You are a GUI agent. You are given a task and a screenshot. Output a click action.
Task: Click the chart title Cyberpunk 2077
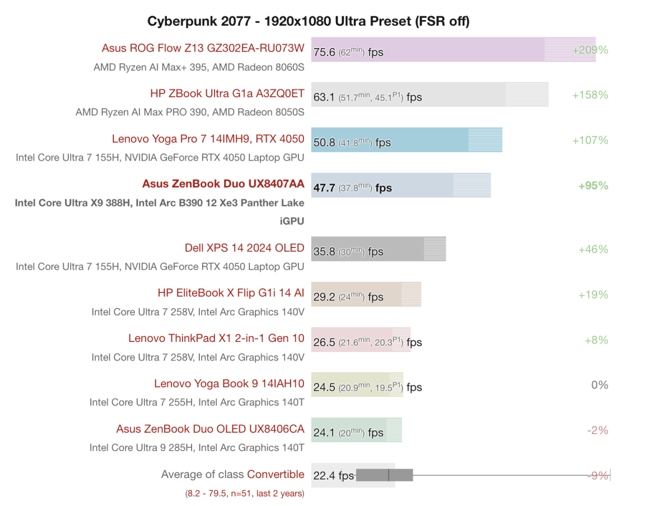(308, 21)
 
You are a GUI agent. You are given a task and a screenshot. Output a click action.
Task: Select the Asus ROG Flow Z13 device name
(203, 48)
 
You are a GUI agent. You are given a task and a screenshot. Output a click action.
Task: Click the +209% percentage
(590, 50)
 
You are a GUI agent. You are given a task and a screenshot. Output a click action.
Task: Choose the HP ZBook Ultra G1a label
(227, 93)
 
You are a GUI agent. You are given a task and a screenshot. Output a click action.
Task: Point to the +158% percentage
(590, 95)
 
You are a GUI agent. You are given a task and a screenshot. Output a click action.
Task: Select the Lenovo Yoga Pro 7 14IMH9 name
(208, 139)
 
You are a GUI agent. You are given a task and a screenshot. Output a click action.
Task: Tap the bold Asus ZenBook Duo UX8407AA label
(223, 184)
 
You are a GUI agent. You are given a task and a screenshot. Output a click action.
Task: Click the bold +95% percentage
(592, 186)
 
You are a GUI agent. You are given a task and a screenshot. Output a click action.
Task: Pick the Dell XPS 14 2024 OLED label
(244, 247)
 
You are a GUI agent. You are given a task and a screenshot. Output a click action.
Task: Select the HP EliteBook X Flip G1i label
(231, 293)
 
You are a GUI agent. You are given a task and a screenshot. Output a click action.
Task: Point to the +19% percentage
(592, 295)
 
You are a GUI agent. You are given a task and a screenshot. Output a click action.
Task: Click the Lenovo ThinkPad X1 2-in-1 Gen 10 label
(216, 338)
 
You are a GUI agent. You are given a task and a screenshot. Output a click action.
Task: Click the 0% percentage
(599, 385)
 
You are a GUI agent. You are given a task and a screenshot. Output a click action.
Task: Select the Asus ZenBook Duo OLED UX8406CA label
(210, 429)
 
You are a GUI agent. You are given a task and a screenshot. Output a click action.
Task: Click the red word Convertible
(276, 475)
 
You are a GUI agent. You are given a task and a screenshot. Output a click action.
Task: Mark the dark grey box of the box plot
(384, 475)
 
